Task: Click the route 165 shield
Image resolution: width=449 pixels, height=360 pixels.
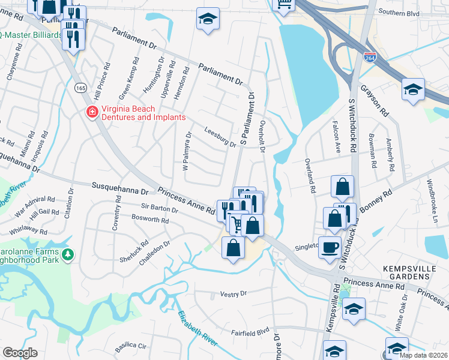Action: coord(80,88)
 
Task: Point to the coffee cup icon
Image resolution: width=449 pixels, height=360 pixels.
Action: coord(330,248)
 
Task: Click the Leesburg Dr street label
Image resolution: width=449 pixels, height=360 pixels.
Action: coord(220,136)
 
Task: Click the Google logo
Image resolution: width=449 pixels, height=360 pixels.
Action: coord(20,353)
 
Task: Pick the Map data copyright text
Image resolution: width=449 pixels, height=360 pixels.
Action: coord(424,355)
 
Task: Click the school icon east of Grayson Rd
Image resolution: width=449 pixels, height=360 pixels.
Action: coord(413,90)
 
